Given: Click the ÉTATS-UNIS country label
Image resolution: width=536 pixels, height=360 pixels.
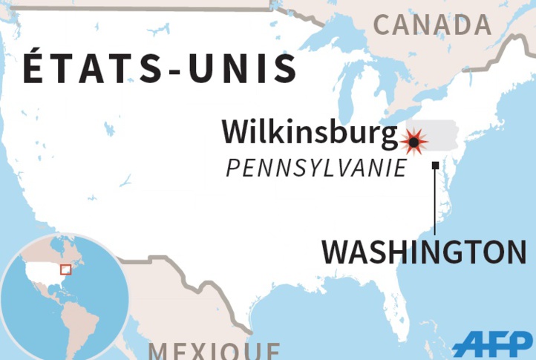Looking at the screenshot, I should click(160, 68).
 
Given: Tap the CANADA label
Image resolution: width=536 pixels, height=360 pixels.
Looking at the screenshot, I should click(432, 25).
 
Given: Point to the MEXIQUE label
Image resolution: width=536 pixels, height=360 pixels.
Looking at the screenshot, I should click(214, 350).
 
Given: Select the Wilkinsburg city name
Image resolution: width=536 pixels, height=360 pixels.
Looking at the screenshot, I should click(309, 134).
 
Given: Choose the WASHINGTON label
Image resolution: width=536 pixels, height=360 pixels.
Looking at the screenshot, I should click(424, 252).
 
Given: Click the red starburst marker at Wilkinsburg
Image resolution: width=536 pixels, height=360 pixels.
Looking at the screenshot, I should click(414, 141).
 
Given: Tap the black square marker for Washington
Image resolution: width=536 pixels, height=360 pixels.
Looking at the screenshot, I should click(435, 166).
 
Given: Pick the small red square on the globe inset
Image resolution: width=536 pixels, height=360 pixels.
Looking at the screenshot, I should click(65, 269).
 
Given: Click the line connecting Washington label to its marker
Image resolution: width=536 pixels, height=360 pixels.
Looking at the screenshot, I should click(435, 200).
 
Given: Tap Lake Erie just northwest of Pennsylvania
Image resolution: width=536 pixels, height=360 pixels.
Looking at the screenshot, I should click(394, 119).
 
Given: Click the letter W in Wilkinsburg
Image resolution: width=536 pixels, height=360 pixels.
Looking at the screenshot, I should click(236, 134).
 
